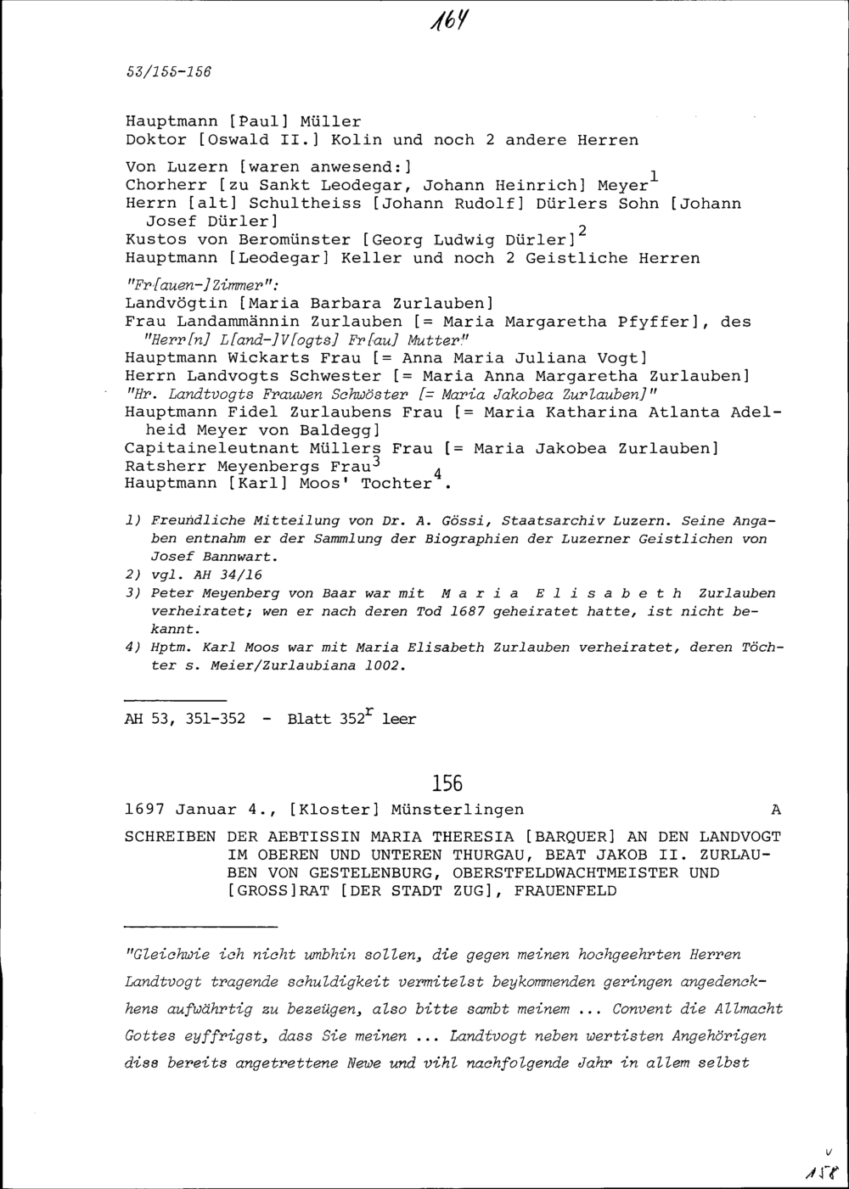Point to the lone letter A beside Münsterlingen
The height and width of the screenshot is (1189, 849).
tap(775, 809)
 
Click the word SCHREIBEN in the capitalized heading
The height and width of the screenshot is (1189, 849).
tap(170, 836)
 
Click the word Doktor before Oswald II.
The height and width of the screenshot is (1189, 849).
tap(156, 139)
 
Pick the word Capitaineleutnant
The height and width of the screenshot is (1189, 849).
tap(211, 447)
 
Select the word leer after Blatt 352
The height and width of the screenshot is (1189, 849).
tap(399, 720)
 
